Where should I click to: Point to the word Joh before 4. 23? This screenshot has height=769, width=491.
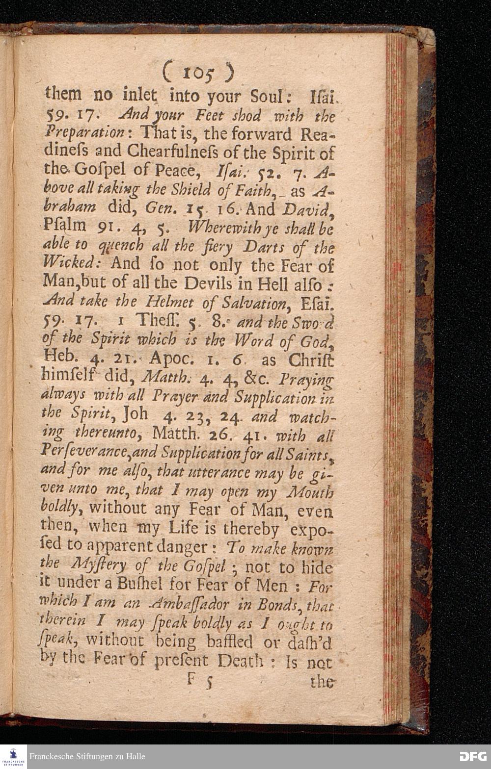(x=135, y=414)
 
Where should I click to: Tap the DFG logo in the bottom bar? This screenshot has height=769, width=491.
(x=472, y=757)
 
